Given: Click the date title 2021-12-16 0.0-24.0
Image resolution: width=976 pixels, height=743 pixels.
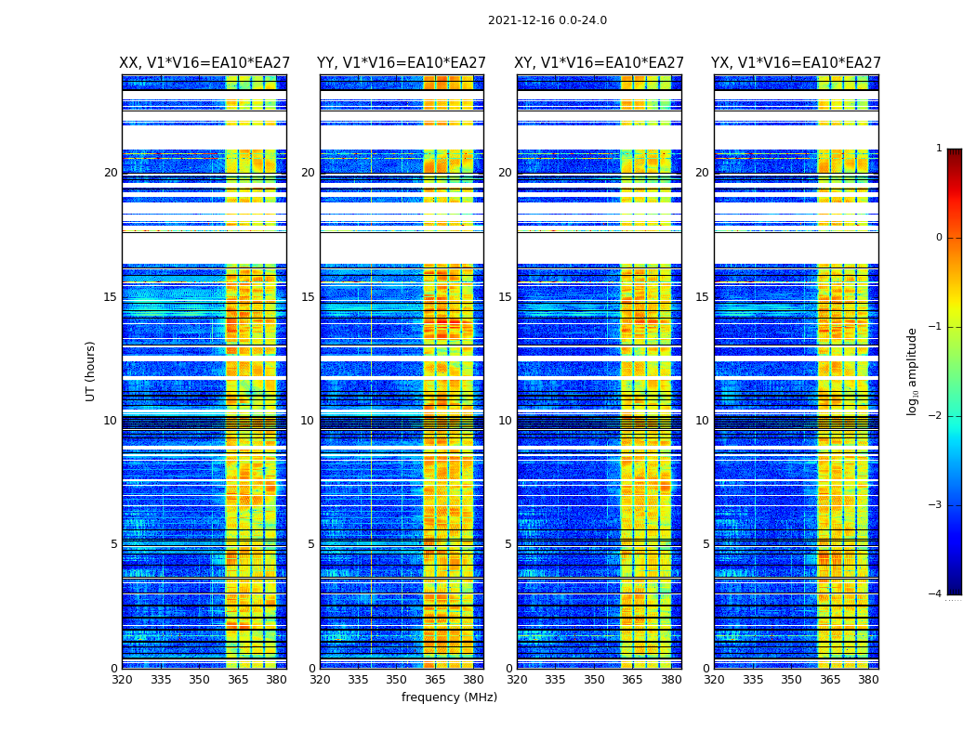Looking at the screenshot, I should (547, 20).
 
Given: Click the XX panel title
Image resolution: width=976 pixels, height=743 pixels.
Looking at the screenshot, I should (204, 63).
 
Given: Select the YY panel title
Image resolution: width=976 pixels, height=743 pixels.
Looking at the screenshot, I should (402, 63).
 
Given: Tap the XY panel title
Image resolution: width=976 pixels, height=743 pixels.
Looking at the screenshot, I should (600, 63).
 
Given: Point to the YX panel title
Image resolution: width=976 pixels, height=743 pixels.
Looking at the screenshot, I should (796, 63).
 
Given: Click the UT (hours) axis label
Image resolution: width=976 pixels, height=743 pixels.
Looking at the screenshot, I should (91, 371).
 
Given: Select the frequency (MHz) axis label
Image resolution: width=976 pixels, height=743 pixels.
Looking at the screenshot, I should (449, 697).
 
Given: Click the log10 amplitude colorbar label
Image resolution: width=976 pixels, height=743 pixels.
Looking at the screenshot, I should (913, 371).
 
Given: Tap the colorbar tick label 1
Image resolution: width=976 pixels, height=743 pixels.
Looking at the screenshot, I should (939, 149).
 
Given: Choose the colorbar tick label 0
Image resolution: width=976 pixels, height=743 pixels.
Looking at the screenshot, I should (939, 238).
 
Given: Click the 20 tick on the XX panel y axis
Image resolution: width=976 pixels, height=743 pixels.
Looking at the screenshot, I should (111, 173).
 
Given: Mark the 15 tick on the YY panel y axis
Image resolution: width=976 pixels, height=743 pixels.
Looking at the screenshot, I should (308, 297).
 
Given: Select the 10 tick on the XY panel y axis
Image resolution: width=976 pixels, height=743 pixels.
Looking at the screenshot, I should (505, 421).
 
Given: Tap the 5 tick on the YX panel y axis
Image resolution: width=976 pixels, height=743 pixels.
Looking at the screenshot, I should (706, 544).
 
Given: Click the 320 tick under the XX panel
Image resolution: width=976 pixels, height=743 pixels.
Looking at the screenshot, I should (122, 680).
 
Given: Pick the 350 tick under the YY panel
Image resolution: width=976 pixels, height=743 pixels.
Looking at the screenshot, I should (397, 680).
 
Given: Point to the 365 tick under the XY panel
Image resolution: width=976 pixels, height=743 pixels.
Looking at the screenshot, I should (632, 680).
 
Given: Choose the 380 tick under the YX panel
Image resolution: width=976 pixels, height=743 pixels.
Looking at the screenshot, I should (868, 680).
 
